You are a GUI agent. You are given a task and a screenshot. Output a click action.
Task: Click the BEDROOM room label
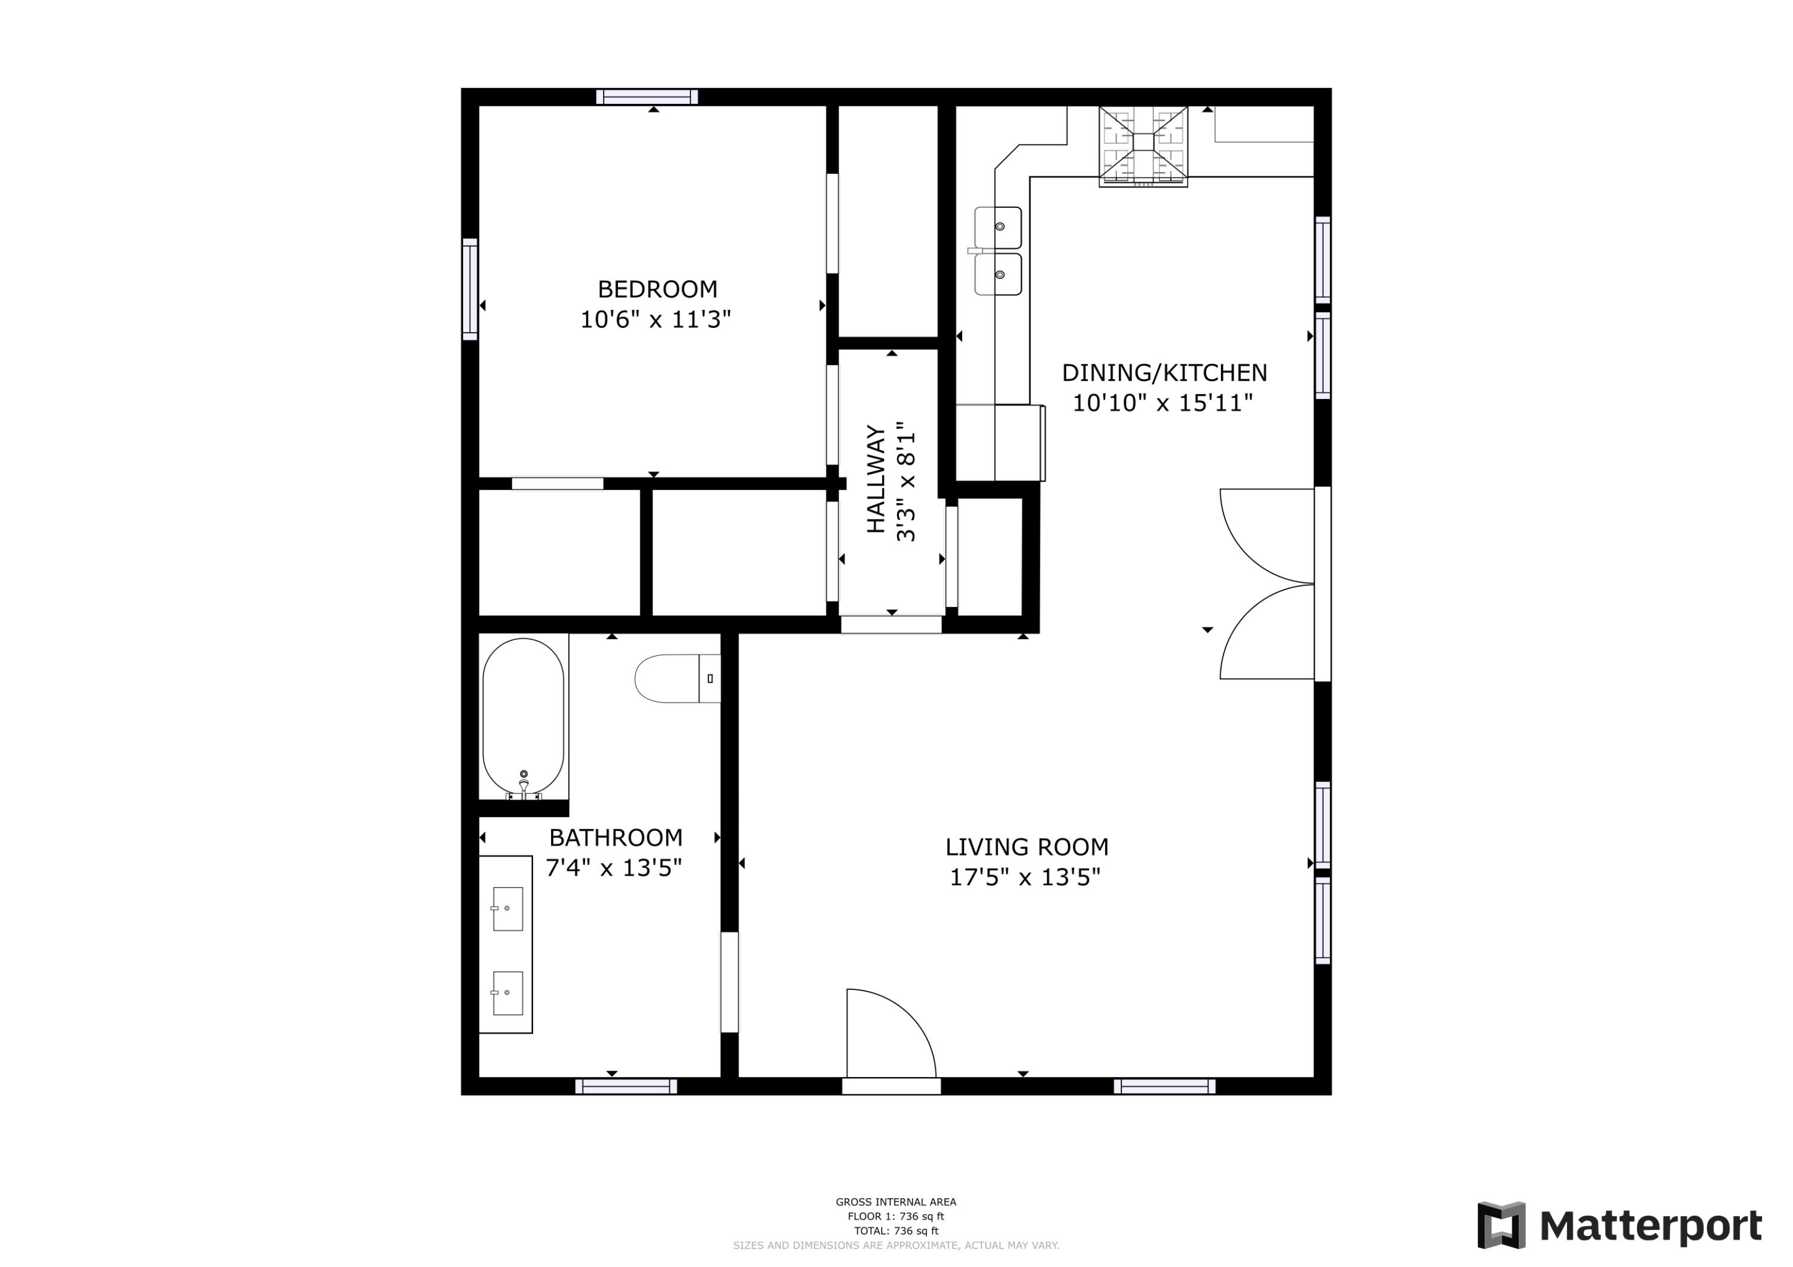coord(657,290)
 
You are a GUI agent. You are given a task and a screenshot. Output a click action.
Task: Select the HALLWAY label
coord(876,479)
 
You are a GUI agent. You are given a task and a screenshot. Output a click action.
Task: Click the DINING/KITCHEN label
coord(1164,373)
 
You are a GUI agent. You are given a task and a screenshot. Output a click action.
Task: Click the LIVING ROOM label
coord(1026,847)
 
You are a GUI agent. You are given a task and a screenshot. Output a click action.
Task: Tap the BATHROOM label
coord(616,837)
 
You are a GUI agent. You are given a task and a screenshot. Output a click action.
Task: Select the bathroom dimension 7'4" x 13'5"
coord(614,868)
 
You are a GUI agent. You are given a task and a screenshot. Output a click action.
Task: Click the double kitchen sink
coord(998,251)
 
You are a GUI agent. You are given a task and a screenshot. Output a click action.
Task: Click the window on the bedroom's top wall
coord(647,97)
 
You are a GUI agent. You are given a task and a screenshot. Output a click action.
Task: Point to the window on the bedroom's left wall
coord(469,290)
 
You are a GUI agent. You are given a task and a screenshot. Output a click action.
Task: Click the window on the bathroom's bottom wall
coord(626,1087)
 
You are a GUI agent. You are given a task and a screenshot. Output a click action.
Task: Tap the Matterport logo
coord(1620,1226)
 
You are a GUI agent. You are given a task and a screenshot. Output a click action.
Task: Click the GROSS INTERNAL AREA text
coord(896,1202)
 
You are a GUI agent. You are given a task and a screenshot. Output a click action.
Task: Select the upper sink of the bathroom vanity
coord(507,909)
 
